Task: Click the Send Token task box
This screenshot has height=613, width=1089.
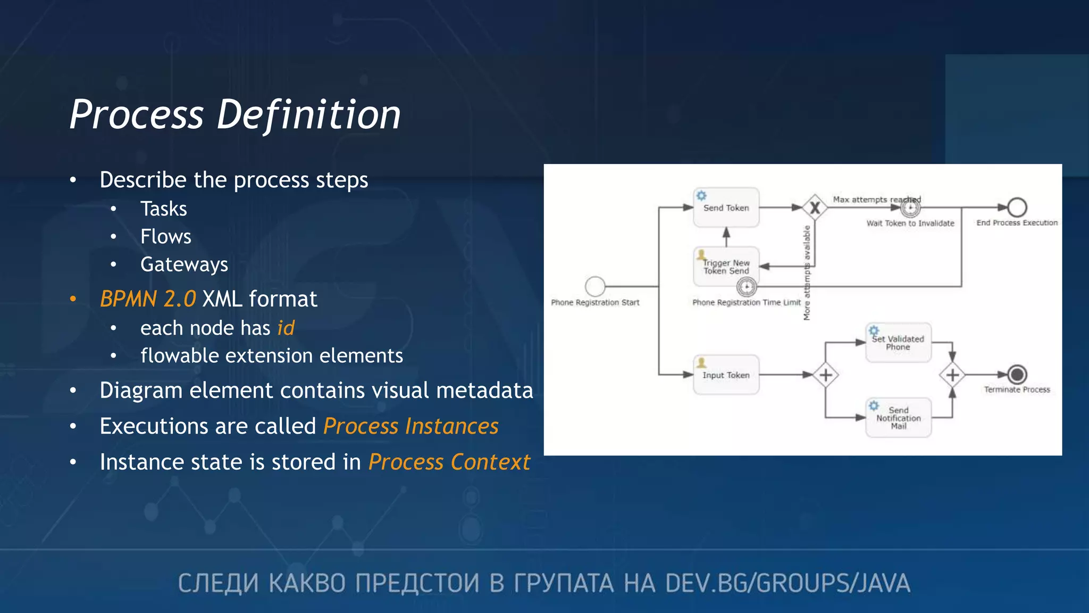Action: point(726,208)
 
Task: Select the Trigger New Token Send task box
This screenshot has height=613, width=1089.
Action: point(726,266)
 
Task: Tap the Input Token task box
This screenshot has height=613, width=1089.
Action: point(726,375)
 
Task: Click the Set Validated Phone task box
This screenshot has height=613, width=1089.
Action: point(898,343)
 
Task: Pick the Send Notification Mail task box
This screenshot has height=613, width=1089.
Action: point(898,418)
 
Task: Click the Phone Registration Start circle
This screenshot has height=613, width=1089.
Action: point(595,286)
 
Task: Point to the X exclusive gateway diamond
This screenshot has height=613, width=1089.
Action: point(815,208)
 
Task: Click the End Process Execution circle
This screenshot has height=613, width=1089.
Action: point(1017,208)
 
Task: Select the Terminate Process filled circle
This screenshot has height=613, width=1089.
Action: point(1017,375)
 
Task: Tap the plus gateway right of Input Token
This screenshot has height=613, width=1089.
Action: point(825,375)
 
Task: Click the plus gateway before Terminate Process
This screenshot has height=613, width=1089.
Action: point(952,375)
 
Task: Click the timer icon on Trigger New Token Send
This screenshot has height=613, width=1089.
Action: point(747,287)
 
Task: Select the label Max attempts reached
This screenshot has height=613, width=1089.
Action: point(876,200)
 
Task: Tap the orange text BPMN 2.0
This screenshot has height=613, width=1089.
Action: point(148,299)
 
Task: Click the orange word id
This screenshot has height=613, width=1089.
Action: point(286,328)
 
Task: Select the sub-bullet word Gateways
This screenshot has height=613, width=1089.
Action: point(184,264)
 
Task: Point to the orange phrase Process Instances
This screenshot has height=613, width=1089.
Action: point(411,426)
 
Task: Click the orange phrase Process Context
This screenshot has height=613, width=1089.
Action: point(449,462)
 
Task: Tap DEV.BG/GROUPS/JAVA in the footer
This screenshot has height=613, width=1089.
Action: point(787,583)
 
